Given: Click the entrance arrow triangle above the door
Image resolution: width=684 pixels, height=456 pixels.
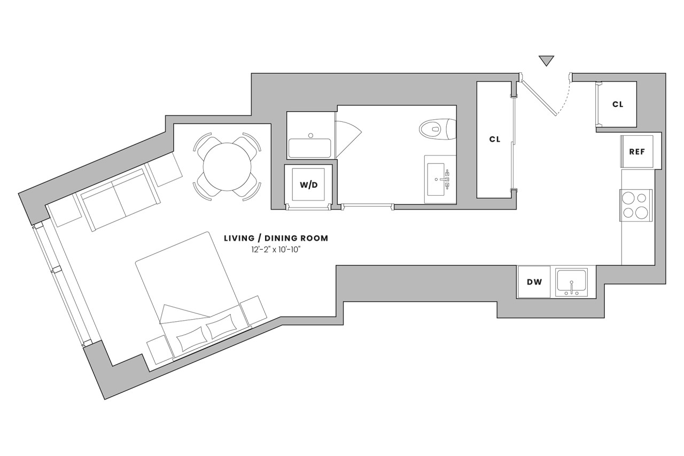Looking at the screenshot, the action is (546, 60).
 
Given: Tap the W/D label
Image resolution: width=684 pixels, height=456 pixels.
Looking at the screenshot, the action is (309, 185).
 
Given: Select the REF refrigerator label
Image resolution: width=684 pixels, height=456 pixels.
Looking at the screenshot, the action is (637, 151).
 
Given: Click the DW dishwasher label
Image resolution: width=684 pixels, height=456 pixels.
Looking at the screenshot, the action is (534, 282).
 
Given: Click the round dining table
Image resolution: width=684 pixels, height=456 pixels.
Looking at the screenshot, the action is (227, 167).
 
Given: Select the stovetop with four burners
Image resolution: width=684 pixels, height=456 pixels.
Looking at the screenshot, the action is (636, 205).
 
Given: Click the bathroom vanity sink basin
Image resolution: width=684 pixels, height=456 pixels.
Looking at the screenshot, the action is (436, 179).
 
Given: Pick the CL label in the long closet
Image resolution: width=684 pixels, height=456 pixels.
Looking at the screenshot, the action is (495, 140).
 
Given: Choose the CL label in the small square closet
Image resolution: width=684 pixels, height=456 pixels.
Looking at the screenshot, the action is (618, 104).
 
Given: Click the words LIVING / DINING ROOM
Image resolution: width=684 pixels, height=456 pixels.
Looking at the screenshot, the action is (276, 238).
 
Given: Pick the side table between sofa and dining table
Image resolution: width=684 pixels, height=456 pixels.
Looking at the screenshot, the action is (165, 169).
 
